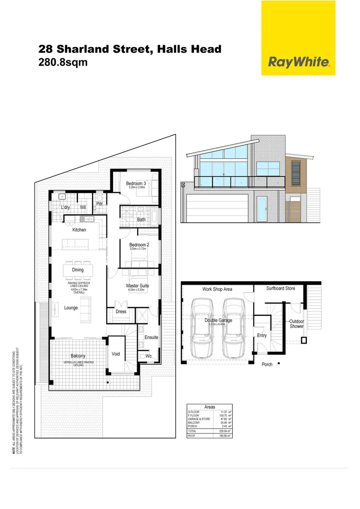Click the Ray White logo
point(298,62)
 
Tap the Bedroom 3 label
point(136,183)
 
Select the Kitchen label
point(79,230)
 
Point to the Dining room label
point(78,270)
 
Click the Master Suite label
point(138,286)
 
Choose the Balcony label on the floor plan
point(78,356)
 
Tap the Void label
point(116,354)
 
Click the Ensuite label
point(151,337)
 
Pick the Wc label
point(148,356)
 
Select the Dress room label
point(121,312)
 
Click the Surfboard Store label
point(280,288)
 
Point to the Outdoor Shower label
point(297,323)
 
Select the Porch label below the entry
point(267,364)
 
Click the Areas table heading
point(210,406)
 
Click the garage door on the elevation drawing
point(217,208)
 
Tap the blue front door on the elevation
point(262,210)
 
